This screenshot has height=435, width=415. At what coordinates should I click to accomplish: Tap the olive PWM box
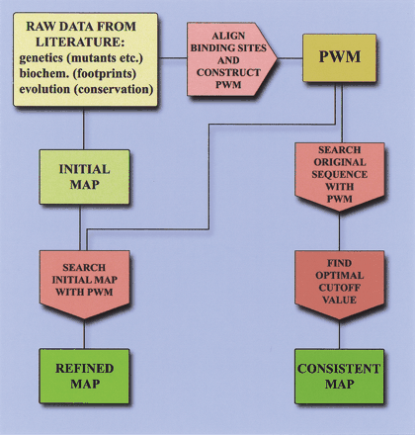339,60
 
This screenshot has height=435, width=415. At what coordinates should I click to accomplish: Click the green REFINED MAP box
84,376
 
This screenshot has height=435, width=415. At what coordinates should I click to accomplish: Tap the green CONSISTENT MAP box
339,376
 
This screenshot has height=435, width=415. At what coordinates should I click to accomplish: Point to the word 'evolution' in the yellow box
44,89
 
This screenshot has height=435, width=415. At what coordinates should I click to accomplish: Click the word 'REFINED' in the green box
84,368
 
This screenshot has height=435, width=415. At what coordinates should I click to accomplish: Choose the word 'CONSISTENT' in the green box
339,368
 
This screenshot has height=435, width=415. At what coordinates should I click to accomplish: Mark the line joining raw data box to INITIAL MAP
84,129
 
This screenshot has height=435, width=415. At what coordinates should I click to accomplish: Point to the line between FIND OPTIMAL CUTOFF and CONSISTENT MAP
339,336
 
